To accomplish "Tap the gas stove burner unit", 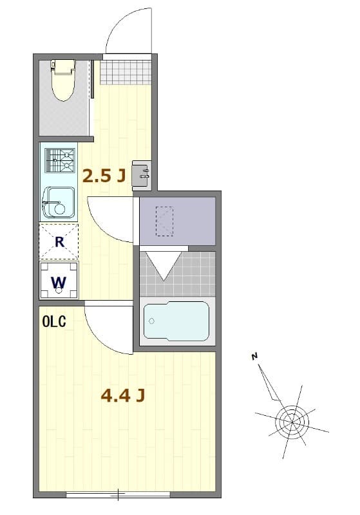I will tap(60, 161).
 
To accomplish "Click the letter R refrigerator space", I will tap(59, 242).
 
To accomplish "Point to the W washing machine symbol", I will tap(59, 281).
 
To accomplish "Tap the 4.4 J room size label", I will tap(122, 395).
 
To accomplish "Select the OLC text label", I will tap(54, 323).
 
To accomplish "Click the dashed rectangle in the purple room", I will tap(164, 220).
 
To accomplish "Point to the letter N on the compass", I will tap(255, 356).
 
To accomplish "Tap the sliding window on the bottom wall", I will tap(118, 494).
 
